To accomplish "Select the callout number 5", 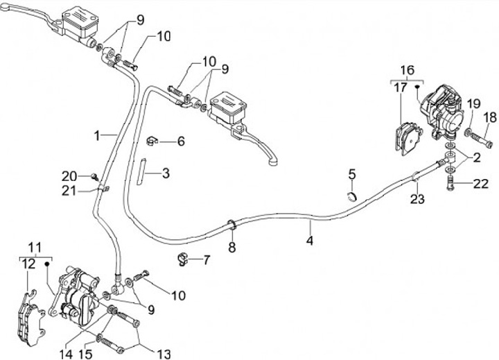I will click(x=352, y=173).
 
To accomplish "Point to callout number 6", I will click(x=181, y=142).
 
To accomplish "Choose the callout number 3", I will click(x=166, y=171).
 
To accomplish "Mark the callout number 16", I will click(x=407, y=70).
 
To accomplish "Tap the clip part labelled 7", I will click(x=183, y=260).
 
